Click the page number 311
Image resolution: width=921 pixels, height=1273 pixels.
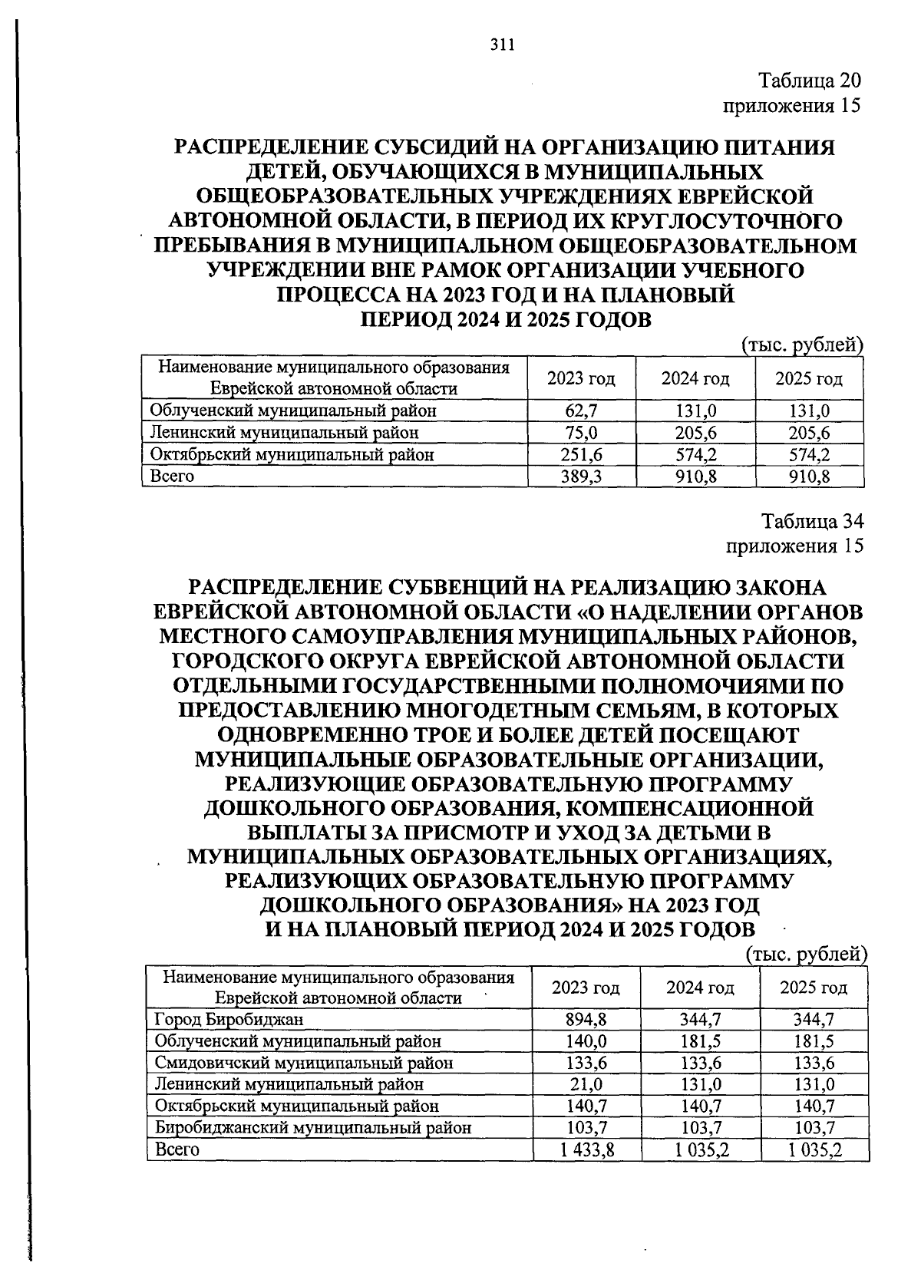point(501,45)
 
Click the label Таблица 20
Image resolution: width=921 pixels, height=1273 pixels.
point(810,81)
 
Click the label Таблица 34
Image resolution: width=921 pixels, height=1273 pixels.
point(812,522)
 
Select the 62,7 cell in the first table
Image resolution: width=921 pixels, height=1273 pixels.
point(581,411)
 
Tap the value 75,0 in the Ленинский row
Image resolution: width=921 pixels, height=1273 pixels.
point(581,433)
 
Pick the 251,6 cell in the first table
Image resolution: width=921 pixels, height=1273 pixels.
point(581,454)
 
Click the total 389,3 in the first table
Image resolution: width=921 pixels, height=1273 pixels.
point(581,477)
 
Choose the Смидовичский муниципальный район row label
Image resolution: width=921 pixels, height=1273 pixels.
point(303,1063)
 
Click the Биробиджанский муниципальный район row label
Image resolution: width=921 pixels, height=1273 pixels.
point(312,1127)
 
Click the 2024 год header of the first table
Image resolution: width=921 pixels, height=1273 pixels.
point(695,378)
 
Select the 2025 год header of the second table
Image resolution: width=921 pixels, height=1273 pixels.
point(814,987)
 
